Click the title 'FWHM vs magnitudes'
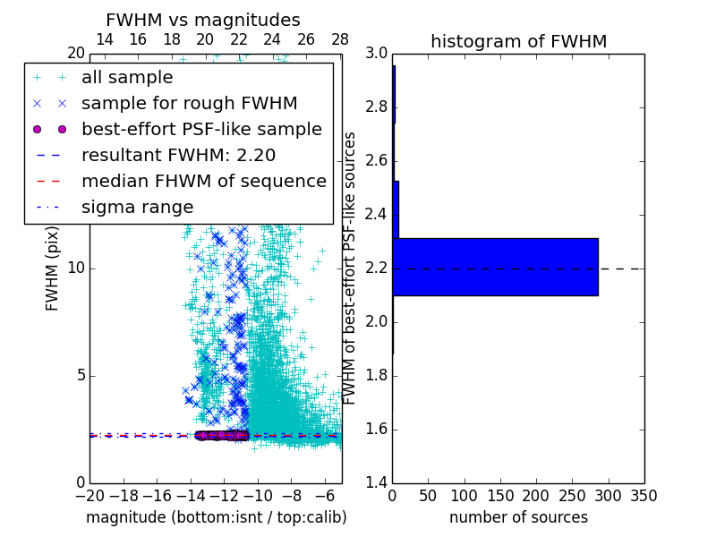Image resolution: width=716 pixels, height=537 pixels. (x=202, y=20)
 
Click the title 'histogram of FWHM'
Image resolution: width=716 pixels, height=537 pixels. (x=518, y=41)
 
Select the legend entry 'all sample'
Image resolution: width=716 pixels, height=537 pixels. (x=127, y=78)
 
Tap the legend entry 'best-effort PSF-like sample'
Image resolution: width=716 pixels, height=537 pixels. (x=201, y=130)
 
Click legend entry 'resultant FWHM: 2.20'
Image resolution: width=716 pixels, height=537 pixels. (x=178, y=156)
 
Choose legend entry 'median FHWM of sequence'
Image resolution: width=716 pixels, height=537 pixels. (x=203, y=182)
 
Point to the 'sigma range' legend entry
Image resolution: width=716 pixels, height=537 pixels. (x=137, y=208)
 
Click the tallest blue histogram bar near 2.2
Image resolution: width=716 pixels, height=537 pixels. (x=495, y=267)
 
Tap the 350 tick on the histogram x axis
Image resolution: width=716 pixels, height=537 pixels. (x=644, y=495)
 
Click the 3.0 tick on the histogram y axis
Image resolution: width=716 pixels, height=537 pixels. (x=377, y=54)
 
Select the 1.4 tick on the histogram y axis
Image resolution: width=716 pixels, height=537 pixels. (x=377, y=483)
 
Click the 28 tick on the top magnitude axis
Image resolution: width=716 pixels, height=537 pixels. (x=340, y=40)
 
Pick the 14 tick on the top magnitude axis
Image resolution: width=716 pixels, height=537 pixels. (x=104, y=40)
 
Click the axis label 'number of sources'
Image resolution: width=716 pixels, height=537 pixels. (x=518, y=517)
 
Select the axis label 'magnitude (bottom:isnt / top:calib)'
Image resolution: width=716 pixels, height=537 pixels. (x=216, y=517)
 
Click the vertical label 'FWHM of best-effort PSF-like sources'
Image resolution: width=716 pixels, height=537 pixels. (x=351, y=268)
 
